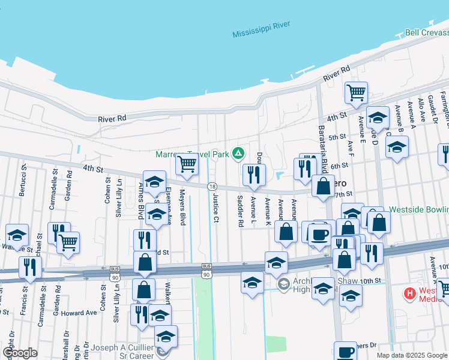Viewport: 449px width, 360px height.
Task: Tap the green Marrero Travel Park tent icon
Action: (238, 154)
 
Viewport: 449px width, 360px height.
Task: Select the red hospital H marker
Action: (409, 294)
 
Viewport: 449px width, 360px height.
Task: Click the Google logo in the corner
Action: (20, 353)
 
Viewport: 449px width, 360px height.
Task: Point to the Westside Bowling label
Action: (418, 209)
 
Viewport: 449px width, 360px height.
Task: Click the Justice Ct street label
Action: (215, 208)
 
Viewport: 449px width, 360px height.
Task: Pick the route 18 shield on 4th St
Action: (212, 187)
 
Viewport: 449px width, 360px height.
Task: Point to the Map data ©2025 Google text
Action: (411, 355)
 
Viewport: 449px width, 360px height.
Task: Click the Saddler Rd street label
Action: (240, 211)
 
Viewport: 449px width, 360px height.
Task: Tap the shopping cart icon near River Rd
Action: (356, 93)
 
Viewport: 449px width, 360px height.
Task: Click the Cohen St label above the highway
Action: (107, 190)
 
